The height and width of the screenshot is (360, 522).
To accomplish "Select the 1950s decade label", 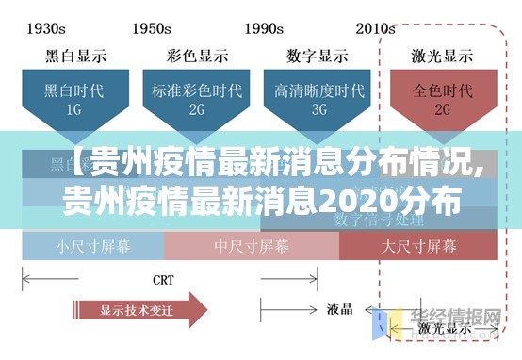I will pos(158,28).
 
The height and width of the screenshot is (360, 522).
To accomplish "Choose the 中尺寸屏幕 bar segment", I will pos(252,247).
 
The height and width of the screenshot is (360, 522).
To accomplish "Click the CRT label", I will pos(162,279).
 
